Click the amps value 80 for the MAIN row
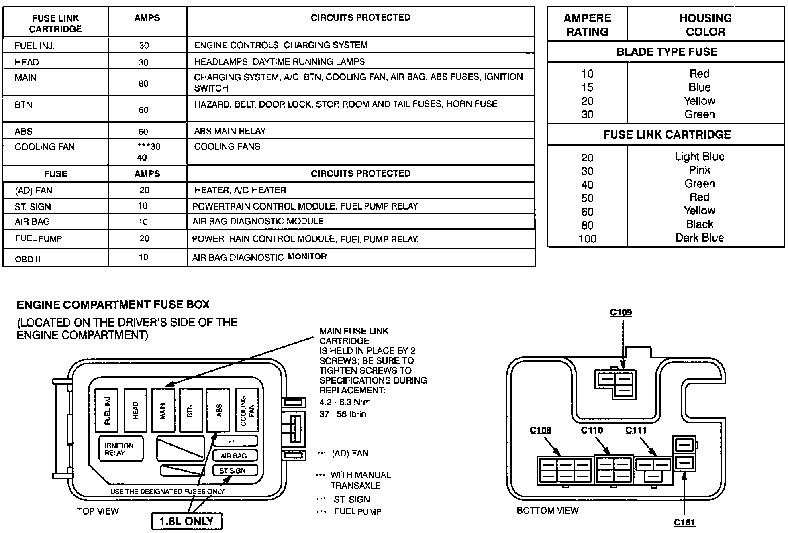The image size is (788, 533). click(143, 83)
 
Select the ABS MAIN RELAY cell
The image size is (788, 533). click(230, 131)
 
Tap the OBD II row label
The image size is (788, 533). click(28, 259)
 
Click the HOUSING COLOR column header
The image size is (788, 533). click(705, 25)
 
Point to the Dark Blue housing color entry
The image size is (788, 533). click(699, 238)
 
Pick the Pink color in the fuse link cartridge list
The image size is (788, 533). click(700, 170)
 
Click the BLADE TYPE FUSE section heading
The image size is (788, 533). click(667, 52)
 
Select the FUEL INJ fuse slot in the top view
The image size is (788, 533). click(107, 410)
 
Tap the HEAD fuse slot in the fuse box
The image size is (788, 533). click(135, 410)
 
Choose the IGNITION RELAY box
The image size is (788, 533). click(121, 449)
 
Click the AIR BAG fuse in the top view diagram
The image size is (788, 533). click(234, 456)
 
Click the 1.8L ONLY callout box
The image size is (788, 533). click(187, 521)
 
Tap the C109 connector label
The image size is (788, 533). click(621, 312)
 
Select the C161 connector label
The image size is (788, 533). click(684, 522)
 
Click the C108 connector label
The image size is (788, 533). click(540, 430)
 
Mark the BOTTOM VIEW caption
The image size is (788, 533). click(547, 510)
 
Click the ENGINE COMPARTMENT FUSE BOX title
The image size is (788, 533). click(113, 304)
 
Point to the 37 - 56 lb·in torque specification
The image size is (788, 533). click(343, 414)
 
